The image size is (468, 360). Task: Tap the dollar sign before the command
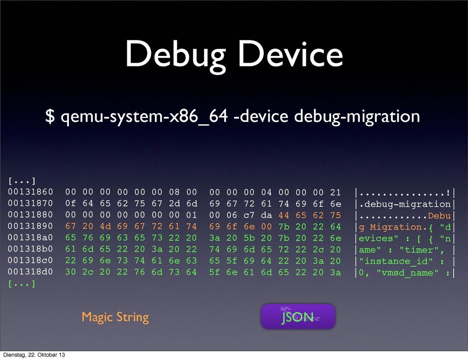pos(50,116)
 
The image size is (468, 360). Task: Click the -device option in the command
pos(261,116)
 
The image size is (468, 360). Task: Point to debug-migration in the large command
pos(357,116)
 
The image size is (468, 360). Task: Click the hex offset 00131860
pos(30,193)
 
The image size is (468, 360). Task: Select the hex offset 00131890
pos(30,227)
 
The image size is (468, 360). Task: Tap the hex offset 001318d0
pos(30,273)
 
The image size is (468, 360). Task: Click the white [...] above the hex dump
pos(22,181)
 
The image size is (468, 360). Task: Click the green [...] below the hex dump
pos(22,284)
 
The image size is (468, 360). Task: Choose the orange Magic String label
pos(115,317)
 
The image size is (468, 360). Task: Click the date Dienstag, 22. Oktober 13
pos(34,355)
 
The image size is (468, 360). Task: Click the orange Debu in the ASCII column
pos(439,216)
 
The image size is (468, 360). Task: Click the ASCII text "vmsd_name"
pos(414,273)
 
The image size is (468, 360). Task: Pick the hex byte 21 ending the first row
pos(335,193)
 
